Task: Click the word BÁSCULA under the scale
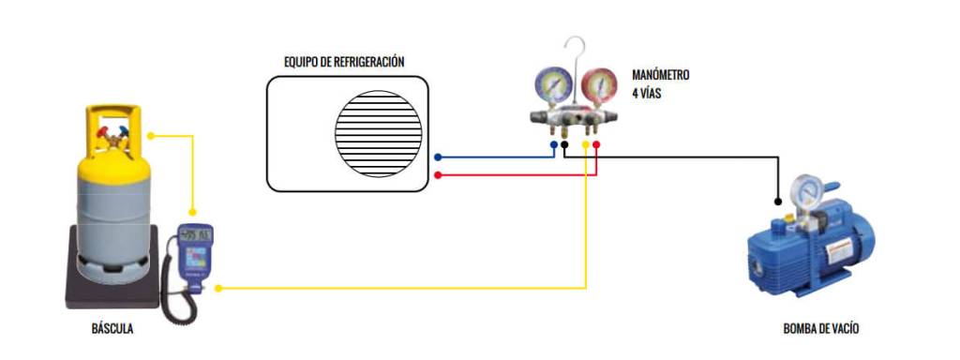[112, 329]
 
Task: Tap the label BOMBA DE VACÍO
[820, 329]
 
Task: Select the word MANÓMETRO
[661, 75]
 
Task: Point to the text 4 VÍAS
[648, 94]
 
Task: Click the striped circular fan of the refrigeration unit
[375, 132]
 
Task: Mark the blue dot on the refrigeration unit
[438, 158]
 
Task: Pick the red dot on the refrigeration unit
[438, 174]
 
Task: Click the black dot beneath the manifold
[565, 146]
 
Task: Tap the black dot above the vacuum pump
[778, 201]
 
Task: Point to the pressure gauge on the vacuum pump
[803, 191]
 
